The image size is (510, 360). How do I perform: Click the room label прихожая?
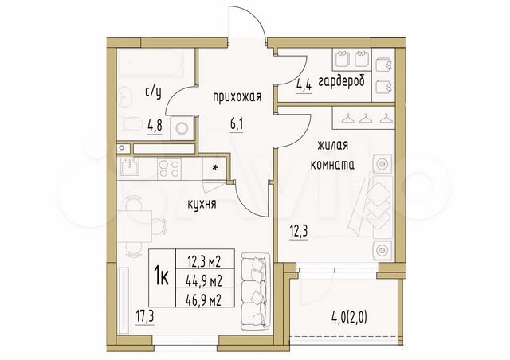237,97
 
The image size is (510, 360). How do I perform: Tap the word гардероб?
342,83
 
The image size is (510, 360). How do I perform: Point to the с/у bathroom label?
154,92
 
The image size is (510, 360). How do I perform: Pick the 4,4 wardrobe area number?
303,83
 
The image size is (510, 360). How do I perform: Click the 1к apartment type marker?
159,276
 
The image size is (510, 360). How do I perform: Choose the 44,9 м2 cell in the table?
204,278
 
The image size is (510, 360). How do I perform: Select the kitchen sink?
130,166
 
